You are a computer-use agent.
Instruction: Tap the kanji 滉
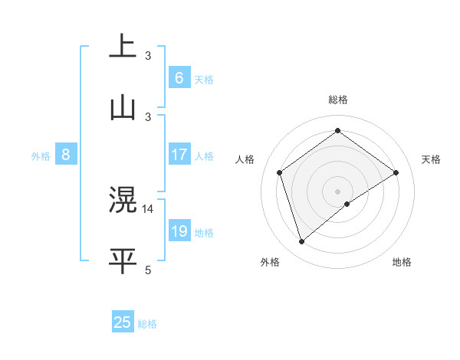[x=123, y=200]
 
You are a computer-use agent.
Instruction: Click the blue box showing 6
[x=179, y=78]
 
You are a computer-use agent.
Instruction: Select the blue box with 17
[x=179, y=155]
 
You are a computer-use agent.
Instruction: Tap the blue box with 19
[x=179, y=231]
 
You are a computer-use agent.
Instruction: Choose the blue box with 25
[x=123, y=322]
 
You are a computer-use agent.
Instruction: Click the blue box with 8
[x=66, y=155]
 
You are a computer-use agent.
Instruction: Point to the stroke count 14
[x=149, y=208]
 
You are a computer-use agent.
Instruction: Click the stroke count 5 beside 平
[x=148, y=269]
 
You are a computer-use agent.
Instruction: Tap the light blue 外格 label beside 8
[x=41, y=156]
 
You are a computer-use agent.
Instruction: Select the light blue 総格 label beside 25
[x=147, y=324]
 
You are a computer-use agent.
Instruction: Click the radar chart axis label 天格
[x=431, y=159]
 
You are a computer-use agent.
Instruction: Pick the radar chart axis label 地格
[x=402, y=262]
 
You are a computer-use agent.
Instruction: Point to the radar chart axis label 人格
[x=245, y=159]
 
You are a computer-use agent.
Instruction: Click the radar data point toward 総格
[x=337, y=131]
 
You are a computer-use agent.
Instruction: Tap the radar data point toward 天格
[x=396, y=172]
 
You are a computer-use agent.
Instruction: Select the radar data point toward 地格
[x=347, y=204]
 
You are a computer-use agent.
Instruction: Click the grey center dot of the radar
[x=337, y=191]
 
